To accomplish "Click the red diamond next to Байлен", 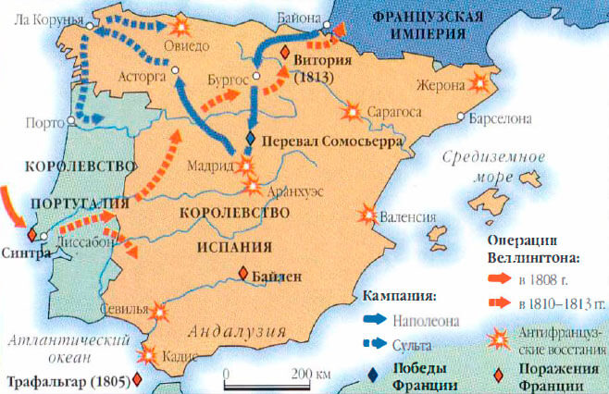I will click(x=242, y=273).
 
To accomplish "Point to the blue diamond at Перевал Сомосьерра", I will click(x=250, y=139).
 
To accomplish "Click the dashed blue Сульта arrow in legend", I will click(x=373, y=343).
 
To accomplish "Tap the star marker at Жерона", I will click(x=480, y=82).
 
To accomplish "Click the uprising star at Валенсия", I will click(x=369, y=215).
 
